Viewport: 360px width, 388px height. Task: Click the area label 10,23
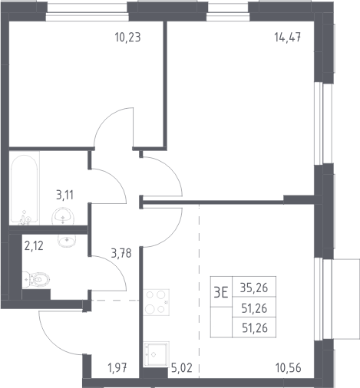click(127, 38)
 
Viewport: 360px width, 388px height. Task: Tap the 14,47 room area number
click(288, 38)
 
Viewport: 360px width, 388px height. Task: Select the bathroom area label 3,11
click(64, 196)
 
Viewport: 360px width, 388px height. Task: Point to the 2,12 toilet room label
click(34, 246)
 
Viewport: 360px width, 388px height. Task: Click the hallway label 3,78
click(121, 253)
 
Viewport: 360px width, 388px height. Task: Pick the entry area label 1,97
click(117, 368)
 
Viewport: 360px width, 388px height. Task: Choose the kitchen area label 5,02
click(182, 368)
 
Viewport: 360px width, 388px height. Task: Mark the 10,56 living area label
click(289, 368)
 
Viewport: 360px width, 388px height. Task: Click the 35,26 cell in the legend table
click(254, 288)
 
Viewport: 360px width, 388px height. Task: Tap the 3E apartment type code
click(221, 292)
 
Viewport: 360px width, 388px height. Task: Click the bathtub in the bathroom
click(25, 189)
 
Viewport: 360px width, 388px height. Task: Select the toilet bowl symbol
click(36, 279)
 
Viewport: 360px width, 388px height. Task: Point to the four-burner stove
click(156, 302)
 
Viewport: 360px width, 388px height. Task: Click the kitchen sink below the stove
click(156, 354)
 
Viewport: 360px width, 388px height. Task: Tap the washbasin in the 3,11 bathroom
click(63, 216)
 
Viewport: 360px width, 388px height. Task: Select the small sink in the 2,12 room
click(67, 241)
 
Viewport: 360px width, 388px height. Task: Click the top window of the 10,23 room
click(87, 12)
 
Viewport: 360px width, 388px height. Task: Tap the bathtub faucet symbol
click(25, 219)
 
